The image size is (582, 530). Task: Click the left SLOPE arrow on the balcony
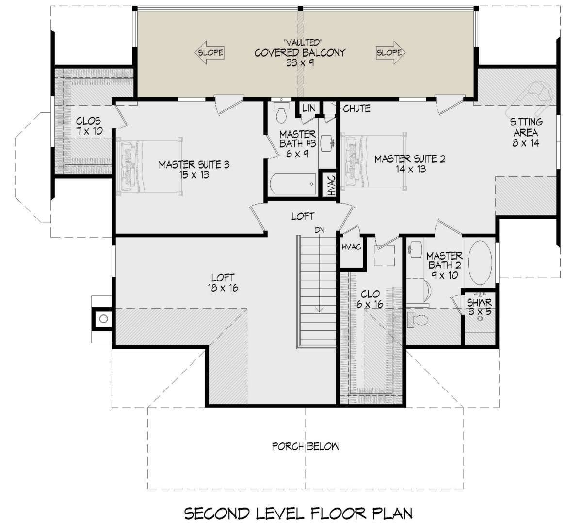[210, 52]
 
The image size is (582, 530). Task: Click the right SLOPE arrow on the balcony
[390, 52]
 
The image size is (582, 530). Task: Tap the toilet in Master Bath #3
[281, 111]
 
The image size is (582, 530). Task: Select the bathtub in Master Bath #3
[292, 184]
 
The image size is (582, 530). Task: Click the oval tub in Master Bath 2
[480, 263]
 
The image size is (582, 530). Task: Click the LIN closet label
[308, 108]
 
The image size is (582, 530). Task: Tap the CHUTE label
[356, 109]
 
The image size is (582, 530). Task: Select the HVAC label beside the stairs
[351, 247]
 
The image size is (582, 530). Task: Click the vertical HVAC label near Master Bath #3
[332, 185]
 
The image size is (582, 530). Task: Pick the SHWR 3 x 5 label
[480, 307]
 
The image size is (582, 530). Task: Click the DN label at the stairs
[319, 230]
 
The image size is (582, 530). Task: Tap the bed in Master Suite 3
[149, 166]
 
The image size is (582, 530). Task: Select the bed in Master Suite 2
[373, 161]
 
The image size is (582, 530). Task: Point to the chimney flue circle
[103, 319]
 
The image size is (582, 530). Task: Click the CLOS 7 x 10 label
[89, 126]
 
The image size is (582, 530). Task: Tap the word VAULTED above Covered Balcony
[304, 43]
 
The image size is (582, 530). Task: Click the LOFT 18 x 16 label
[223, 282]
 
